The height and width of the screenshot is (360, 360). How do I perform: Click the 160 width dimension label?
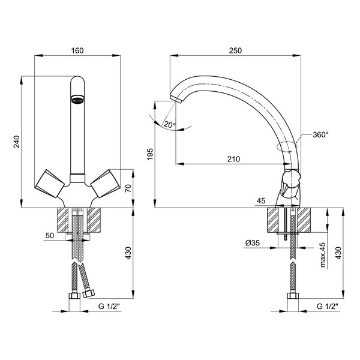point(77,50)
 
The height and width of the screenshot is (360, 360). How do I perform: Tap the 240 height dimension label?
point(17,142)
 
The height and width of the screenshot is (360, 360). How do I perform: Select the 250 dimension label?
point(235,50)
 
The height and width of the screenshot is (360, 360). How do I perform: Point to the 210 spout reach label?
point(233,159)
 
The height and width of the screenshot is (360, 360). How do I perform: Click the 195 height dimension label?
point(150,154)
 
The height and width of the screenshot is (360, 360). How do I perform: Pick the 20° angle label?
point(170,125)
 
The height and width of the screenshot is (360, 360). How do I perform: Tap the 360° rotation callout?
point(320,134)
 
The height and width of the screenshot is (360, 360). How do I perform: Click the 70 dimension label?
point(128,188)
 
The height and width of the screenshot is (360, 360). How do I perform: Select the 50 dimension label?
point(50,236)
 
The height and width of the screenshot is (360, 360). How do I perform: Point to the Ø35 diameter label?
point(253,242)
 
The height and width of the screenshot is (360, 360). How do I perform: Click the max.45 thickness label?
point(323,255)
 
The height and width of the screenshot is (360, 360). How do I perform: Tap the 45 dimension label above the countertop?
point(261,200)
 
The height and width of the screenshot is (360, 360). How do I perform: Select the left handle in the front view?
point(50,184)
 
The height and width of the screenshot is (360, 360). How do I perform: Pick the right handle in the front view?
point(106,184)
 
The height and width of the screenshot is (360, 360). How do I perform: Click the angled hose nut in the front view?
point(88,293)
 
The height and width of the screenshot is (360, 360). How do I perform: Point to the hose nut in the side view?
point(293,295)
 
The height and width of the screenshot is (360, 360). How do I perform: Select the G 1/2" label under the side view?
point(328,306)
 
